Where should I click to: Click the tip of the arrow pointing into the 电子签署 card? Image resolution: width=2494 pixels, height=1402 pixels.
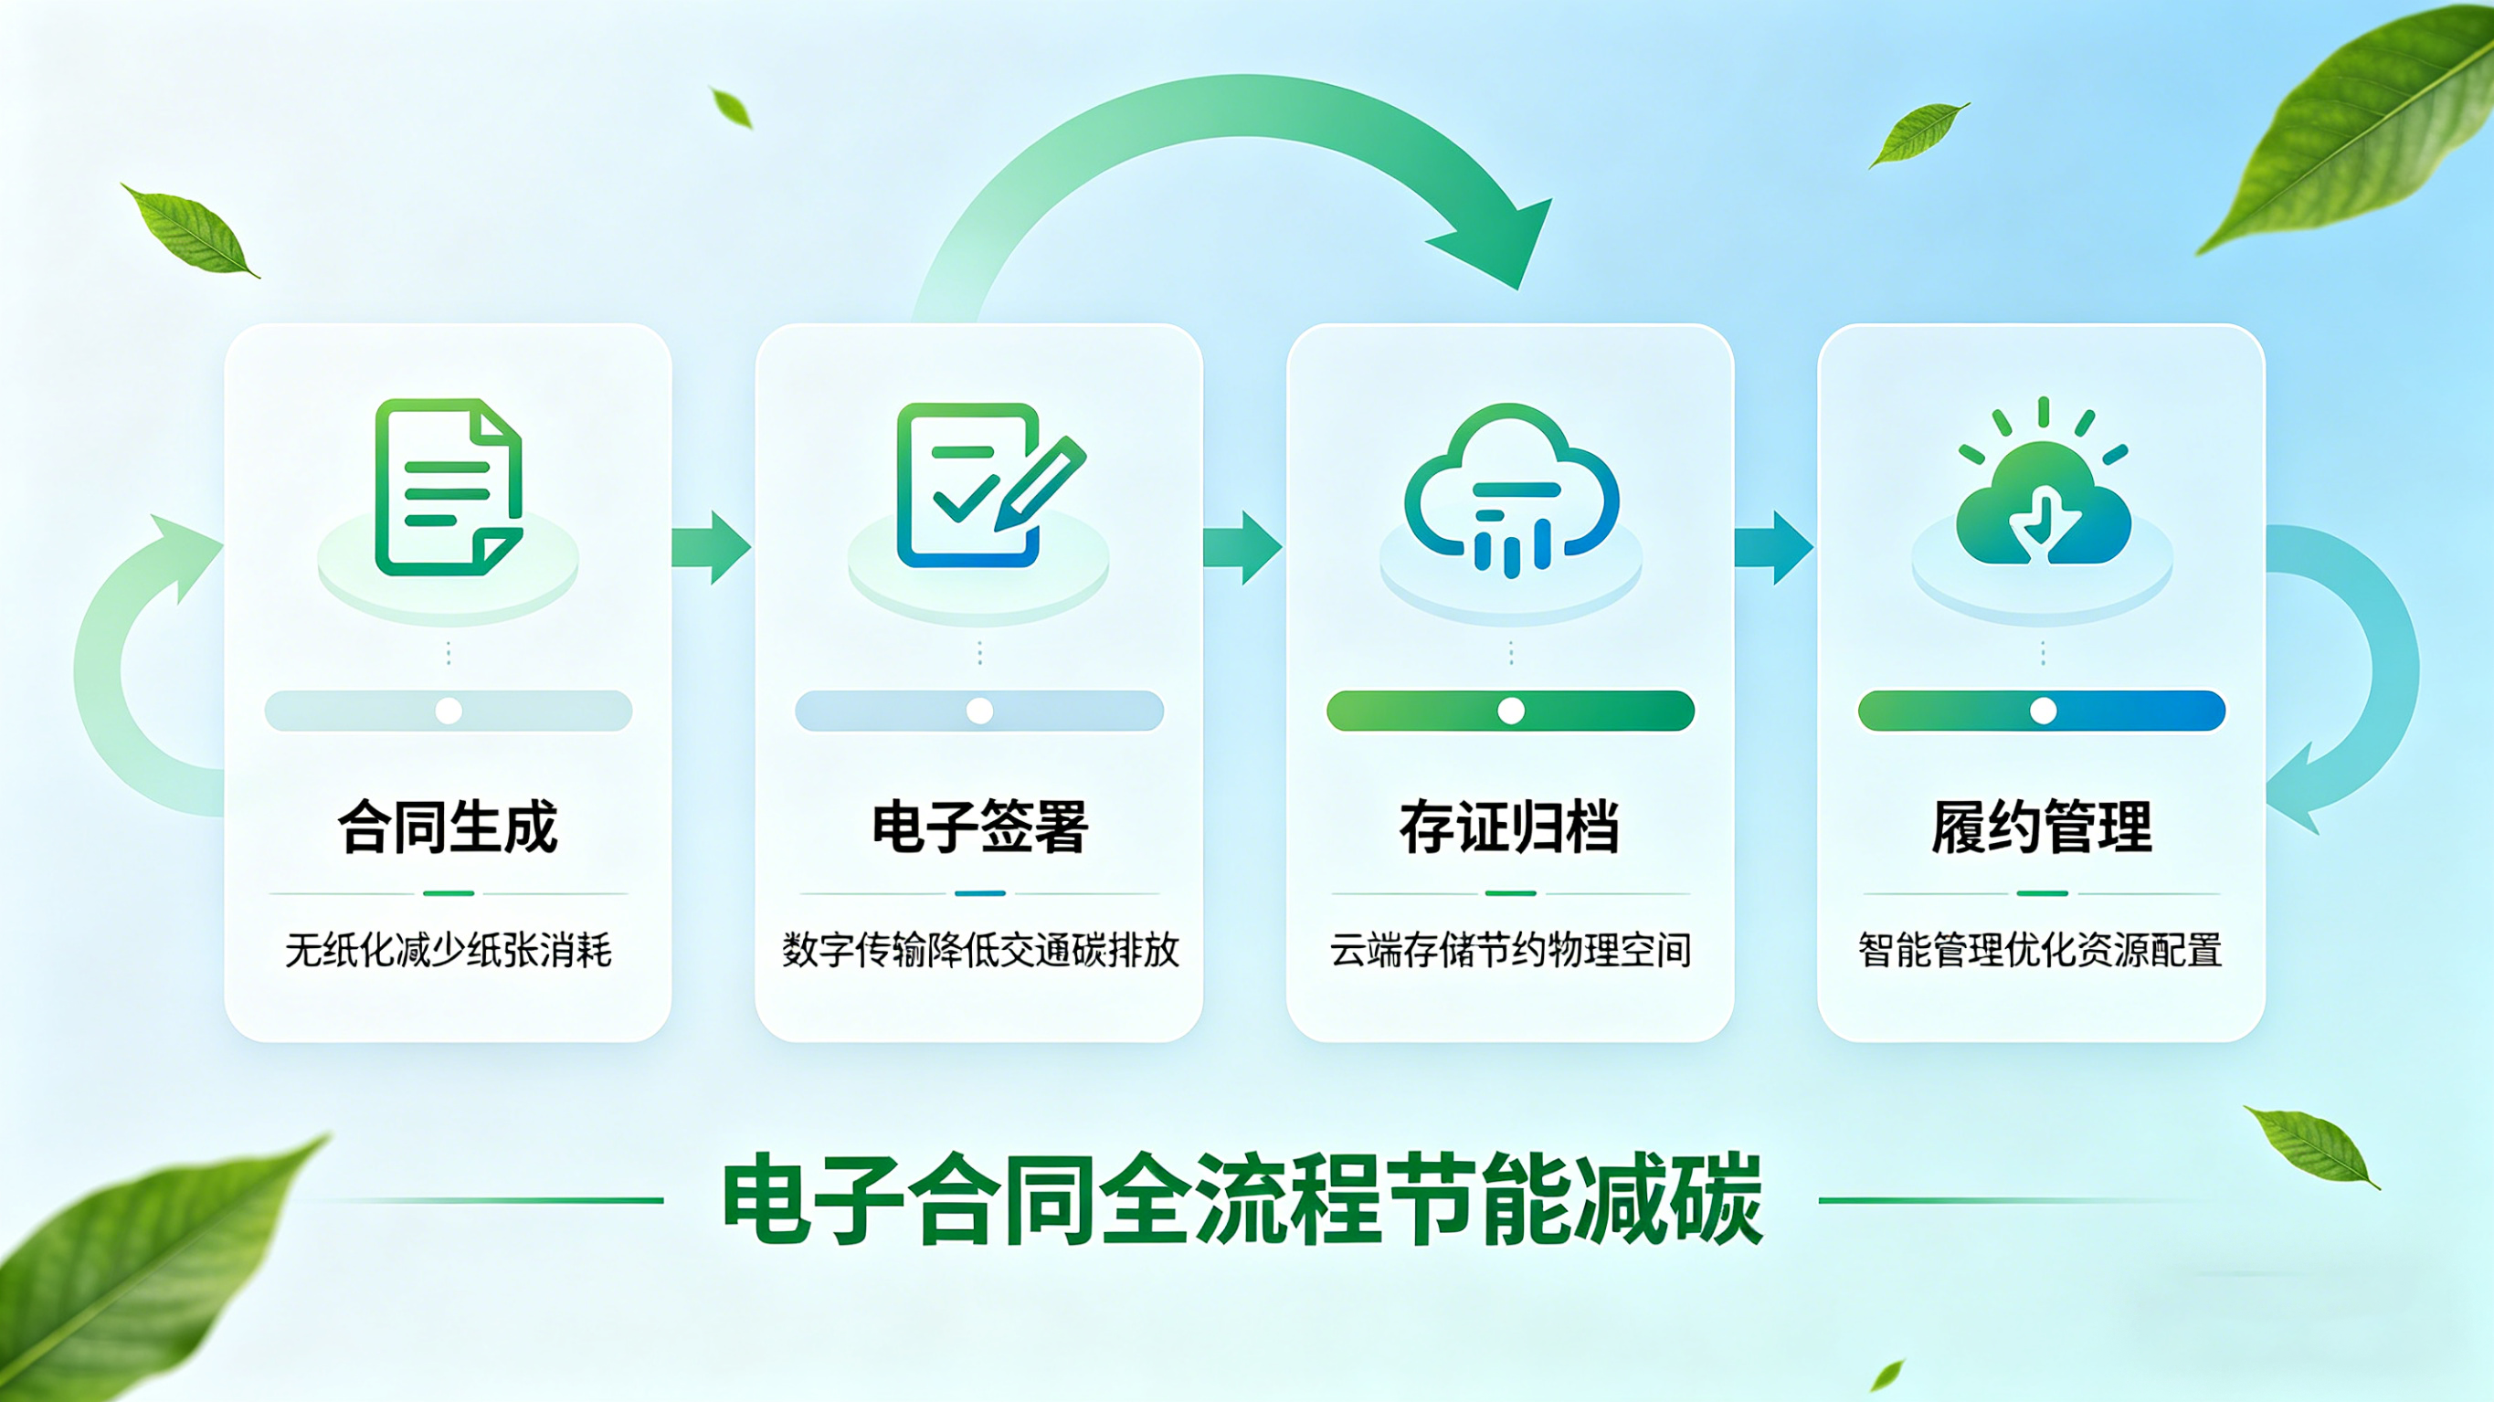(751, 547)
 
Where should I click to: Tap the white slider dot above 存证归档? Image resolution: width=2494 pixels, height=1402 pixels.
(1510, 711)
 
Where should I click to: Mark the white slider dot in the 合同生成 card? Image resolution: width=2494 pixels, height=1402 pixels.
(449, 711)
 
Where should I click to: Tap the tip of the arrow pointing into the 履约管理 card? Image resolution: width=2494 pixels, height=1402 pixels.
(1813, 548)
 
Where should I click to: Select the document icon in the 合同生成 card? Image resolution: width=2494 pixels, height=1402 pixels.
(449, 487)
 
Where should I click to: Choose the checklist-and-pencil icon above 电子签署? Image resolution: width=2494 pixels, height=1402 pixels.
(990, 485)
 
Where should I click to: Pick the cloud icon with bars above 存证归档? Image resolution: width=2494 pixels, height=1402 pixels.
(1510, 490)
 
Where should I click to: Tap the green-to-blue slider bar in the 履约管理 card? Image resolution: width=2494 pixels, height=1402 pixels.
(2042, 711)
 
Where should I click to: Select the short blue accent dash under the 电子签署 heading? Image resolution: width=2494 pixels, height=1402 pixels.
(979, 893)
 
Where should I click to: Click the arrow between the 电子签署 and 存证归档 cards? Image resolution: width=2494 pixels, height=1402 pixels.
(1243, 548)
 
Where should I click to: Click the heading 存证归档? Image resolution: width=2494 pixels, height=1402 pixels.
(1509, 827)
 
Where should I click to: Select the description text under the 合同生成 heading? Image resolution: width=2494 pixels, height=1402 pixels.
(449, 950)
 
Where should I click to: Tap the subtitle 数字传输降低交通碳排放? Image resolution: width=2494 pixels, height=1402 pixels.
(979, 950)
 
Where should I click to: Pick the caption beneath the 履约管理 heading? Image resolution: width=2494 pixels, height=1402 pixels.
(2041, 950)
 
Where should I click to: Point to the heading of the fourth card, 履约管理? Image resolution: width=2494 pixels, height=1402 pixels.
(2042, 827)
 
